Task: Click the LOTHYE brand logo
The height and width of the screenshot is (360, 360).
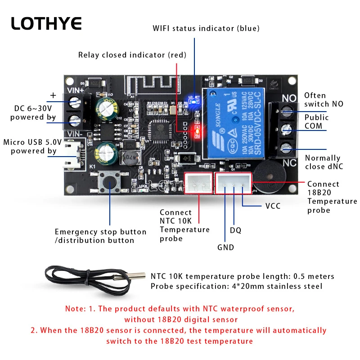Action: (46, 23)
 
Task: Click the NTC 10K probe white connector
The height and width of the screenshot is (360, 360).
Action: (198, 183)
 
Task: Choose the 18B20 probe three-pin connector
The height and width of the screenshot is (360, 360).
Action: (233, 183)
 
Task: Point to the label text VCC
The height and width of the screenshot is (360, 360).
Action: (273, 206)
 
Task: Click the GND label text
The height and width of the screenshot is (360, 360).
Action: (225, 247)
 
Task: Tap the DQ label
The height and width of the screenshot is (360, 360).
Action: (235, 230)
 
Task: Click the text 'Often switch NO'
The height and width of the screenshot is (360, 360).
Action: (324, 99)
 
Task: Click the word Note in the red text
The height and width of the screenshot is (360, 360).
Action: (75, 309)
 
